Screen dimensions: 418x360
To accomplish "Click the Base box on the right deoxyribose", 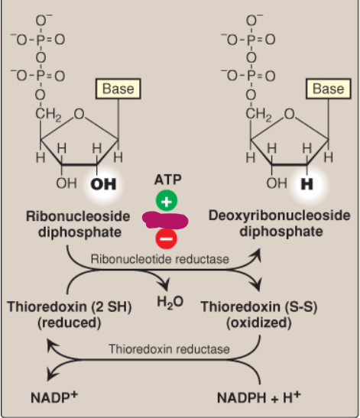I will (x=328, y=89).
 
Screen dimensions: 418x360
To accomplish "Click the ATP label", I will (x=167, y=181).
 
